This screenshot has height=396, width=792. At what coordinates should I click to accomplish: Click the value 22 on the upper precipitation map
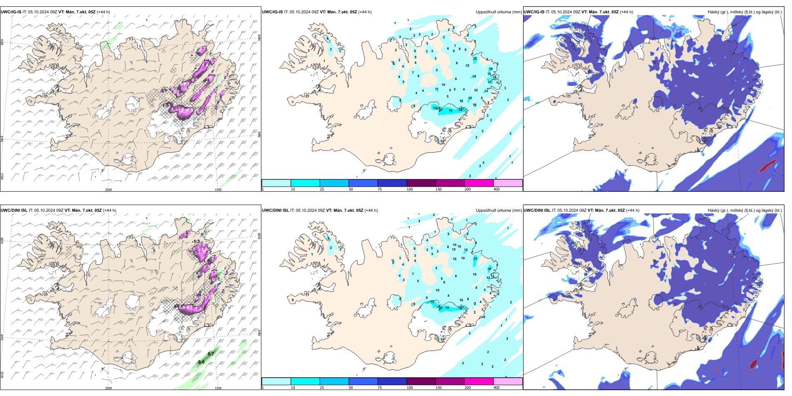click(475, 58)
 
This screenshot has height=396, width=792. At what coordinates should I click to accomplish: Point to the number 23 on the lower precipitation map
click(475, 259)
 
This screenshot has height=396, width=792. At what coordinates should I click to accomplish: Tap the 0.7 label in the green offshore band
click(211, 354)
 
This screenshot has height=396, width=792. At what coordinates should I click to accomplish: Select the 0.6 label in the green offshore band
click(201, 362)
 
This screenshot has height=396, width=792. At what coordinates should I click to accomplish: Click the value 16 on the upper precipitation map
click(450, 111)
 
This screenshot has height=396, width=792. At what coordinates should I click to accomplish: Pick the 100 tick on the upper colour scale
click(410, 189)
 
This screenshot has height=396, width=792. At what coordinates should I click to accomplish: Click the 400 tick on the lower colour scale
click(496, 388)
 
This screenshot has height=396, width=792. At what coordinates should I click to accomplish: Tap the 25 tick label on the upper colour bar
click(322, 189)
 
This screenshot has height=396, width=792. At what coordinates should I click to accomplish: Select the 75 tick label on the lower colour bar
click(380, 388)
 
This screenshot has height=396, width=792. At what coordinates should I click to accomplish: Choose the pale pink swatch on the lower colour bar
click(508, 381)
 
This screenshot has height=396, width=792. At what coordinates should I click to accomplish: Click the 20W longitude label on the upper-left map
click(108, 190)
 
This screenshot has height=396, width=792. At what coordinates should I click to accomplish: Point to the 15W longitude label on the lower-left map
click(218, 388)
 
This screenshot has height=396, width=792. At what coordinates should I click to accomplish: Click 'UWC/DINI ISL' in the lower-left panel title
click(14, 210)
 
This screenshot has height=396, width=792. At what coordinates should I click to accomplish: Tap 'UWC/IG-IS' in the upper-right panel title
click(534, 12)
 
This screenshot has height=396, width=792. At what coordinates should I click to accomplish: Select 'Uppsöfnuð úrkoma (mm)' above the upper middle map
click(499, 12)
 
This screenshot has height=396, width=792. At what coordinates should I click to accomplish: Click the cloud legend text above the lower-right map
click(744, 210)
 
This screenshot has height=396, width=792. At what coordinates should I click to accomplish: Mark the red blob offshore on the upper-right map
click(766, 167)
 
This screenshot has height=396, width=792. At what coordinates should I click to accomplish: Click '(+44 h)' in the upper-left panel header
click(103, 12)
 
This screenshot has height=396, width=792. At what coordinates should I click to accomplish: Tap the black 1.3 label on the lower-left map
click(197, 242)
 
